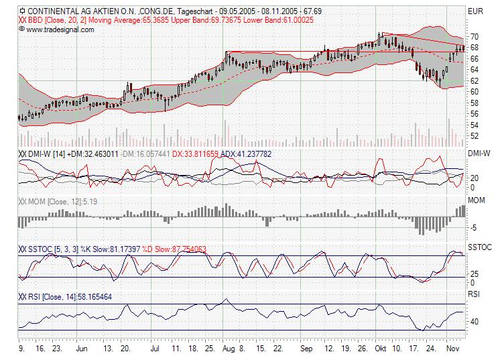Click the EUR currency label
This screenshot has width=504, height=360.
(x=475, y=11)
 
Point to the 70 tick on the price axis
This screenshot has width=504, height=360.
(x=473, y=36)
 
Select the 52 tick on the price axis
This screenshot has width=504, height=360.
(x=473, y=135)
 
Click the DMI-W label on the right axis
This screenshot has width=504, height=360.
(x=479, y=154)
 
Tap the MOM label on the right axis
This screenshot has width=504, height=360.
(x=477, y=200)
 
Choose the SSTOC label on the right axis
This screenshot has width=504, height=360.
(x=480, y=247)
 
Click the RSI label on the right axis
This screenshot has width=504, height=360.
(x=474, y=294)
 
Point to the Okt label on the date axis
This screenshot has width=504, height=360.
(x=381, y=349)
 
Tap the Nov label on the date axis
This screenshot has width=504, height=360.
(x=452, y=349)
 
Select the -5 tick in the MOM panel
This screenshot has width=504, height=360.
(x=472, y=228)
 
